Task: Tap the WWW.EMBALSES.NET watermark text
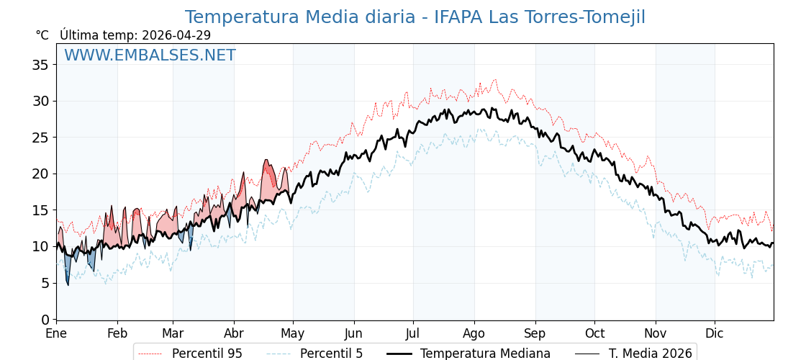coord(150,55)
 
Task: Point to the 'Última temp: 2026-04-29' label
coord(135,35)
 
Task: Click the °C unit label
coord(42,35)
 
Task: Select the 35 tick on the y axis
coord(40,65)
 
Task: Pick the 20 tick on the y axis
coord(40,174)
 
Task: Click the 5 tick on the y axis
coord(45,283)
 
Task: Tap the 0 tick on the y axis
coord(45,319)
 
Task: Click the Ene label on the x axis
coord(56,333)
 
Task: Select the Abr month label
coord(234,333)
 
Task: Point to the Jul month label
coord(413,333)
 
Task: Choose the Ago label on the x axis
coord(474,333)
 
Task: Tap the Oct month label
coord(594,333)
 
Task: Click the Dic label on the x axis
coord(715,333)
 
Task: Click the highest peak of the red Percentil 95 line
coord(495,79)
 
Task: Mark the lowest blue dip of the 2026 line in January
coord(68,285)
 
